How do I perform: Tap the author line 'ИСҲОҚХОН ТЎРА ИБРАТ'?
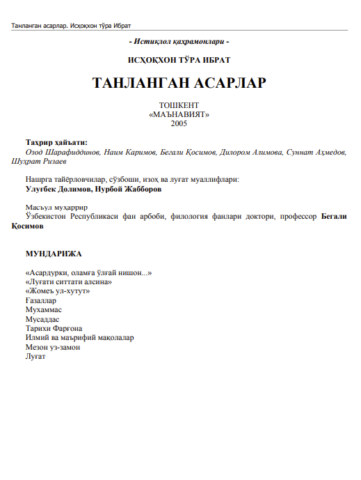(x=180, y=61)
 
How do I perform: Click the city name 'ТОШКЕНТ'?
(x=179, y=105)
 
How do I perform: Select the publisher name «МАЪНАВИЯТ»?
(x=179, y=114)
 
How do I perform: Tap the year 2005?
(x=179, y=123)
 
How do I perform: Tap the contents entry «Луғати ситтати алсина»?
(x=67, y=282)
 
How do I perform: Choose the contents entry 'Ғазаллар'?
(x=40, y=301)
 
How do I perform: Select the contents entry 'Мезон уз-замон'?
(x=53, y=347)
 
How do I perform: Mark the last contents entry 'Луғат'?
(x=35, y=357)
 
